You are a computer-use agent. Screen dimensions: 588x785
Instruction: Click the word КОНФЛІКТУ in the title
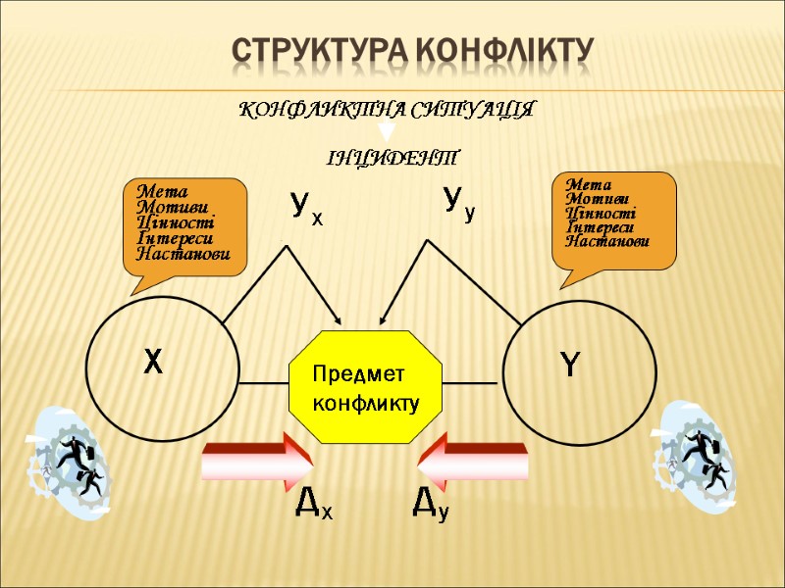tap(504, 51)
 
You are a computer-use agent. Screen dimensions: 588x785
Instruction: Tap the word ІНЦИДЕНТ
tap(392, 158)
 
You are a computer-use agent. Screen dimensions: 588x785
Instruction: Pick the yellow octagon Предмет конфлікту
tap(366, 387)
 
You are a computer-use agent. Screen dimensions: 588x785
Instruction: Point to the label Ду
tap(432, 505)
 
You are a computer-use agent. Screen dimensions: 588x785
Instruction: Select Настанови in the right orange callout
tap(607, 241)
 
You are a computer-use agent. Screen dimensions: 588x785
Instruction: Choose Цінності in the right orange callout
tap(601, 214)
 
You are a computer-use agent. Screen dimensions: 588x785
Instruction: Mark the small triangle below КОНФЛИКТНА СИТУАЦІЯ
tap(387, 128)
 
